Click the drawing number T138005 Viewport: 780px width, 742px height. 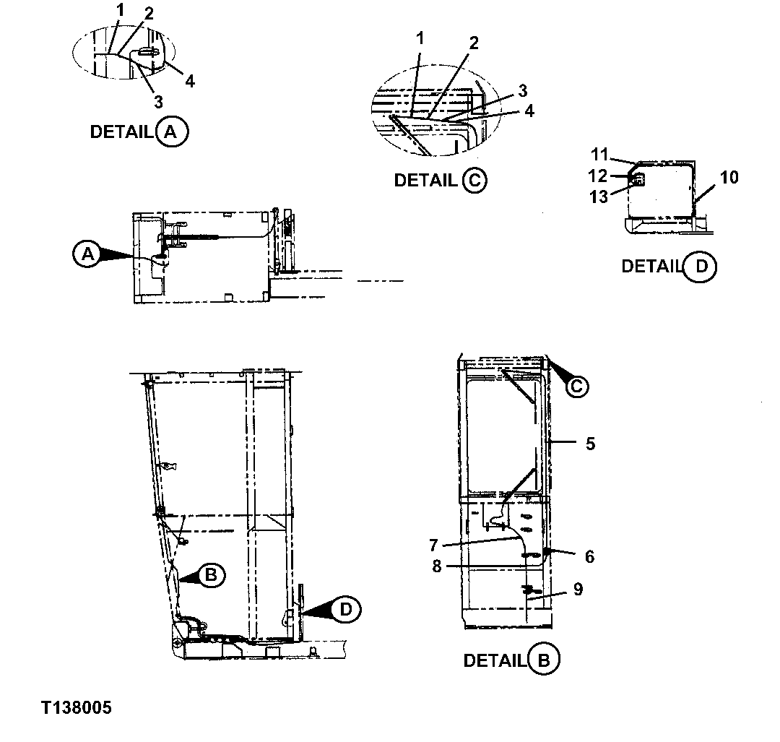76,707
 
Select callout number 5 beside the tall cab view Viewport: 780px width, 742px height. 590,444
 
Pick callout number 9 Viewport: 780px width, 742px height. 578,589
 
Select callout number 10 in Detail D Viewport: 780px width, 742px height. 729,177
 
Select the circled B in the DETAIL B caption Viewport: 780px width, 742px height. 544,660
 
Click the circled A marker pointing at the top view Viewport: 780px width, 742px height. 87,254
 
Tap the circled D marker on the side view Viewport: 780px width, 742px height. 346,610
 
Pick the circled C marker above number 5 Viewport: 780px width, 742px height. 576,387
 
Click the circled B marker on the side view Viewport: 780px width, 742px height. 211,575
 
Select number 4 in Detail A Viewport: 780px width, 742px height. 189,81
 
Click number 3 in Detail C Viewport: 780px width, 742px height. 522,91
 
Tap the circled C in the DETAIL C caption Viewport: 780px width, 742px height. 474,181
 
